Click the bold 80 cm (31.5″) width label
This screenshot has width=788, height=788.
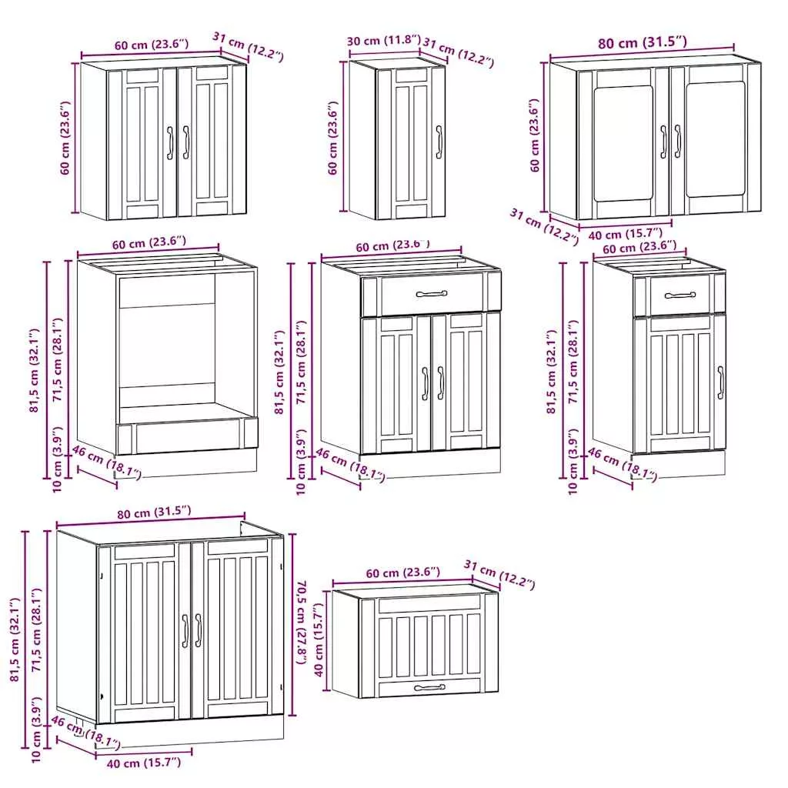coord(642,42)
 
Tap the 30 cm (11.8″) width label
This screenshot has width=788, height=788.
coord(383,40)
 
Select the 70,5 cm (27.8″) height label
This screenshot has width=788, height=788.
coord(302,623)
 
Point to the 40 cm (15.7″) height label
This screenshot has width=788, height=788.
coord(320,639)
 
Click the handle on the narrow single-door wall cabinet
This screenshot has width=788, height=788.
coord(439,142)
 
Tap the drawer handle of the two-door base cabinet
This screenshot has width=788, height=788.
coord(431,294)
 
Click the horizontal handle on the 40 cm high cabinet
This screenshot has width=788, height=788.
coord(429,687)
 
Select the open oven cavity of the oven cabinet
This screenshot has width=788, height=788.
coord(167,348)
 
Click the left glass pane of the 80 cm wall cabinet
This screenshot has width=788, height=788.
coord(623,143)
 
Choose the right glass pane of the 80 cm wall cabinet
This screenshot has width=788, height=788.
coord(715,139)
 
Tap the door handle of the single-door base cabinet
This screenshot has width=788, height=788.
coord(720,382)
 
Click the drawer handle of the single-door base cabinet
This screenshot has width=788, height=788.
coord(680,295)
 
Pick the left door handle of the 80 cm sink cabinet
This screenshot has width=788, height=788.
coord(185,631)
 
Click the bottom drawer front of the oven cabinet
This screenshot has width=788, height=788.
coord(187,436)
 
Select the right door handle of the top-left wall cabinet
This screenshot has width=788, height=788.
coord(185,142)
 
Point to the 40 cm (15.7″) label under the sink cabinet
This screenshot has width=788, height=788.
coord(144,763)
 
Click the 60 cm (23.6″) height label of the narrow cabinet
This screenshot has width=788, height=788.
coord(332,139)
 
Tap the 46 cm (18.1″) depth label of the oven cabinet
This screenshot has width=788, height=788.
coord(106,462)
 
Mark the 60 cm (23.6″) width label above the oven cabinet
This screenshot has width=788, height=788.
coord(149,243)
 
